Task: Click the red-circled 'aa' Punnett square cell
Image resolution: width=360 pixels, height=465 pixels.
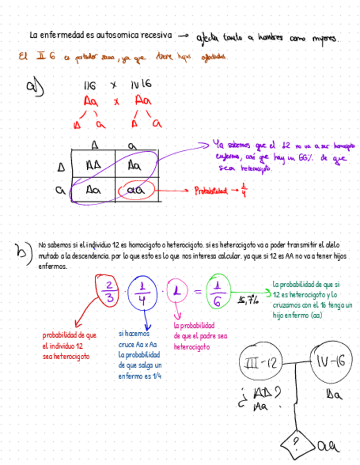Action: pyautogui.click(x=136, y=190)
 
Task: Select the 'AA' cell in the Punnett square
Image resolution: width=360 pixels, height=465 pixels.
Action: pyautogui.click(x=94, y=164)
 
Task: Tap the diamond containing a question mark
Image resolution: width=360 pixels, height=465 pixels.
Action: pyautogui.click(x=296, y=441)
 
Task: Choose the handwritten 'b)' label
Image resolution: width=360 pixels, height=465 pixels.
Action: pyautogui.click(x=24, y=253)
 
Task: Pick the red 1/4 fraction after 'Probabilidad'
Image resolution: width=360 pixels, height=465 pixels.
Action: pyautogui.click(x=244, y=190)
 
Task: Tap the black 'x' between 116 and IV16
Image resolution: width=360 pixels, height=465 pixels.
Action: pyautogui.click(x=114, y=85)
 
